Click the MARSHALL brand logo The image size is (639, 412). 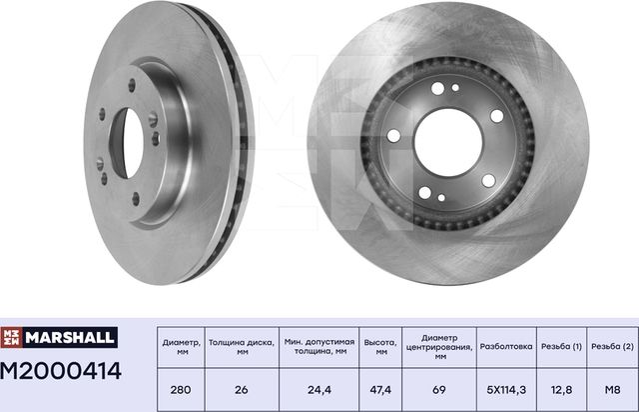[61, 338]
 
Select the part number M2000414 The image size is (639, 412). [62, 372]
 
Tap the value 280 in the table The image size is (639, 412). [180, 389]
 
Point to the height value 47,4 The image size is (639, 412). [380, 389]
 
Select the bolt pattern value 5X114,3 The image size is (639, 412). [507, 389]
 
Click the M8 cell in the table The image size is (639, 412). [612, 389]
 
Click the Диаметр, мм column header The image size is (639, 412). [180, 347]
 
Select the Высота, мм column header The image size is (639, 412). [380, 347]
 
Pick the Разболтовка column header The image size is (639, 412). [507, 346]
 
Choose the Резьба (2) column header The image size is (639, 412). [612, 346]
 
